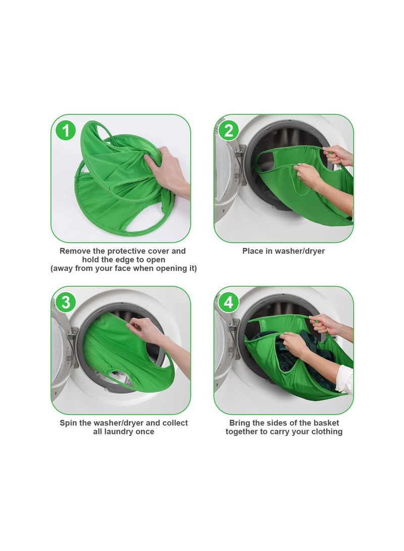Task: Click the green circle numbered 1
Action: click(x=66, y=131)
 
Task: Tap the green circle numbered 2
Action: click(x=229, y=131)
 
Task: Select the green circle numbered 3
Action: click(x=66, y=303)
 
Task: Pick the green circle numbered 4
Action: click(x=229, y=303)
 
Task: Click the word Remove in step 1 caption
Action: click(x=75, y=251)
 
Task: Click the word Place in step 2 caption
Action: click(x=252, y=251)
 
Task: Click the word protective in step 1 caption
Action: click(x=124, y=251)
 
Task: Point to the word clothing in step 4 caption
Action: click(x=325, y=432)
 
